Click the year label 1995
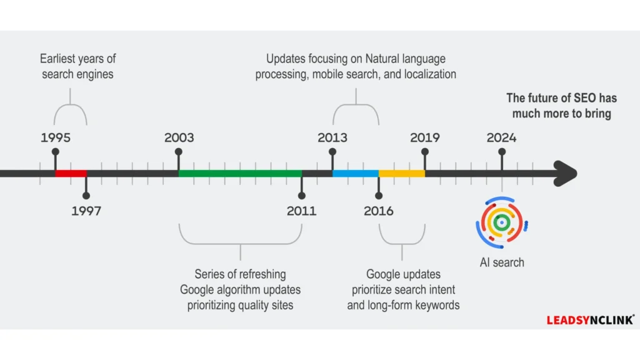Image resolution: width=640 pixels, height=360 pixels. (x=56, y=137)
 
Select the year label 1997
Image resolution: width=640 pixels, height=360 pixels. (x=86, y=211)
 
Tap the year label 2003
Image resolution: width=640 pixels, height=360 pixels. (x=179, y=137)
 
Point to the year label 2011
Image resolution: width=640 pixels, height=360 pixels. (x=301, y=211)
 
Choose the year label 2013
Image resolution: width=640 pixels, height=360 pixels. (x=332, y=137)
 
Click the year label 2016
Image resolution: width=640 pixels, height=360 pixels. (x=379, y=211)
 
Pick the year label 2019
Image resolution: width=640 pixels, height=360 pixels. (x=425, y=137)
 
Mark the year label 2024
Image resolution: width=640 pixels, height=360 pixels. (x=502, y=137)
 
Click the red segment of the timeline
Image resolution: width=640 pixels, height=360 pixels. (x=71, y=173)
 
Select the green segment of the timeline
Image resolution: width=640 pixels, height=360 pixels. (x=240, y=173)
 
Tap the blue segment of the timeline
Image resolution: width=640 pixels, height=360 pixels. (x=355, y=173)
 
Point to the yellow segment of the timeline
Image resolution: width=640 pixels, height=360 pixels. (x=402, y=173)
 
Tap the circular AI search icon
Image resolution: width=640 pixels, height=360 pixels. (x=501, y=222)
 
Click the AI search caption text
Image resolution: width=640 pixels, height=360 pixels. (x=502, y=262)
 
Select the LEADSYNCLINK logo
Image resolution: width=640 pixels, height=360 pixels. (x=590, y=320)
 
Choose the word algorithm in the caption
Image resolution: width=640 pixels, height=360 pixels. (x=240, y=290)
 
